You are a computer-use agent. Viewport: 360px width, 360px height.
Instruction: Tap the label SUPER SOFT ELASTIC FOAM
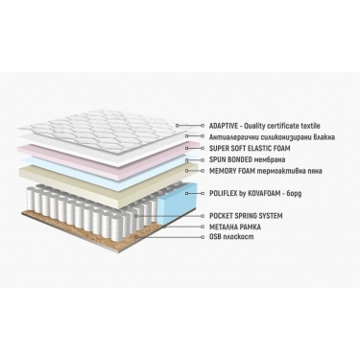[x=250, y=149]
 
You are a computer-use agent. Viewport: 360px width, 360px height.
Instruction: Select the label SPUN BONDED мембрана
[x=247, y=159]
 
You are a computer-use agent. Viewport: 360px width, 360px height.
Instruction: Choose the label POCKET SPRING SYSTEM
[x=246, y=216]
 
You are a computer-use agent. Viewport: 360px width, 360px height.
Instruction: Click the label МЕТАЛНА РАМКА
[x=235, y=227]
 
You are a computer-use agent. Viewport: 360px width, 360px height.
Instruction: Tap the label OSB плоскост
[x=231, y=237]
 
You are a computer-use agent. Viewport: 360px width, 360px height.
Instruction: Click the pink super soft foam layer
[x=106, y=155]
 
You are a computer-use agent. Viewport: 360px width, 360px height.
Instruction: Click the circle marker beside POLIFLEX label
[x=202, y=193]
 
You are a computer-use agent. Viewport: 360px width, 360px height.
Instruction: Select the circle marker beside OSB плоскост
[x=202, y=237]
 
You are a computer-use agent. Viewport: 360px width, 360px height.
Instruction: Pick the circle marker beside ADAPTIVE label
[x=202, y=126]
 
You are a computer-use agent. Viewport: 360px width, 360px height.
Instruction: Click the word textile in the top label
[x=310, y=126]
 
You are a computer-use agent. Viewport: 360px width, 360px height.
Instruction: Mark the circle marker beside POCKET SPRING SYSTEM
[x=202, y=216]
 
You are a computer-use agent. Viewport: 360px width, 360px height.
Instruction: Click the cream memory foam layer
[x=106, y=180]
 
